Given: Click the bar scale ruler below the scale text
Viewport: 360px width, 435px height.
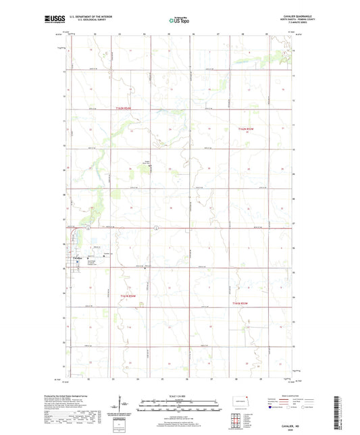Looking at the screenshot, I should point(180,405).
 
